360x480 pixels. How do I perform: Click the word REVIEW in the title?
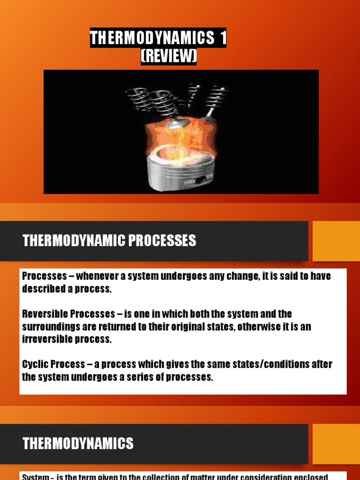169,57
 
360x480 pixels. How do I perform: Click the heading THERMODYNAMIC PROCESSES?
109,241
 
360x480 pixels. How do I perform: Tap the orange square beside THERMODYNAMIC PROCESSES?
336,241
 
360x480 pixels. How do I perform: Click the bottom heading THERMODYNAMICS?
78,443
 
